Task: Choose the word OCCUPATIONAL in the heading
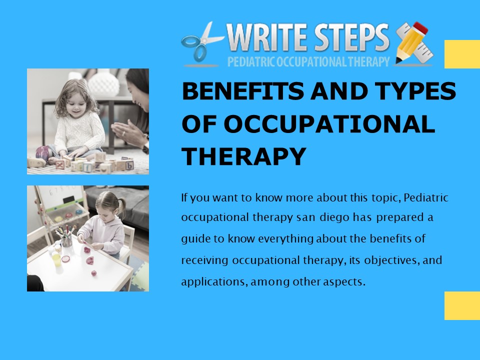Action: (308, 124)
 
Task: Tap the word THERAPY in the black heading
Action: (244, 157)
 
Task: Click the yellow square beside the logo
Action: (462, 54)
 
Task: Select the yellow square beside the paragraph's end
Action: (462, 305)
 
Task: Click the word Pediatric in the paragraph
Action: (425, 198)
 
